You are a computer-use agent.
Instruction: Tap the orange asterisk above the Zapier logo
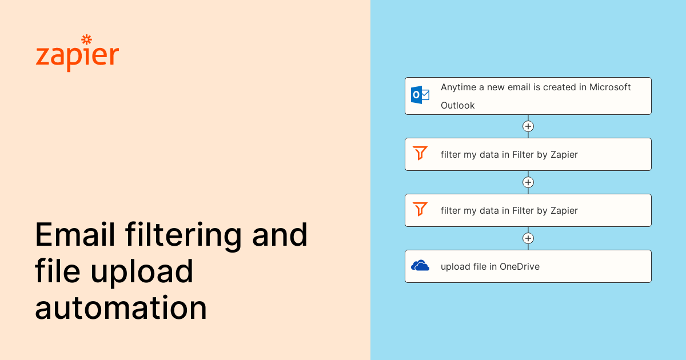coord(87,39)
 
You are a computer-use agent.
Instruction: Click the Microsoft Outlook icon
coord(420,95)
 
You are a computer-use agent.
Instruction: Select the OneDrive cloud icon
coord(420,266)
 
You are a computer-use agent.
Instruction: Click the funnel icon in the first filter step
coord(420,153)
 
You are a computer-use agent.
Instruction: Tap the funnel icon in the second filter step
coord(420,209)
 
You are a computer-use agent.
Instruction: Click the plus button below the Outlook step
coord(528,126)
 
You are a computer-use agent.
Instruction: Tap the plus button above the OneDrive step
coord(528,238)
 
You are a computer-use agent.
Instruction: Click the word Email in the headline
coord(75,234)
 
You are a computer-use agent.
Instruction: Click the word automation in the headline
coord(121,307)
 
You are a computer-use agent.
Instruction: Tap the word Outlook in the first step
coord(457,105)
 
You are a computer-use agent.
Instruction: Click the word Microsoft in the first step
coord(610,87)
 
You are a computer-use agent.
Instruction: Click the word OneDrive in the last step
coord(520,266)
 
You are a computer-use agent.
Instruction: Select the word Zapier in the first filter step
coord(564,155)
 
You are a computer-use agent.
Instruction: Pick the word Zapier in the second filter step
coord(564,211)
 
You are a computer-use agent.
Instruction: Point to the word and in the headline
coord(280,234)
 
